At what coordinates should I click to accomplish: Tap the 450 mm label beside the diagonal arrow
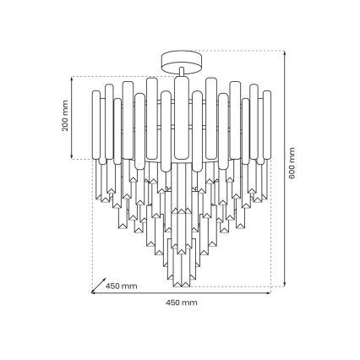[x=123, y=286]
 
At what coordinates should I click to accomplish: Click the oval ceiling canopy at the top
[x=180, y=58]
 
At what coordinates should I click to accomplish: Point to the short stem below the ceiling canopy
[x=180, y=73]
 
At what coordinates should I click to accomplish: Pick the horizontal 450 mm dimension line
[x=181, y=293]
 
